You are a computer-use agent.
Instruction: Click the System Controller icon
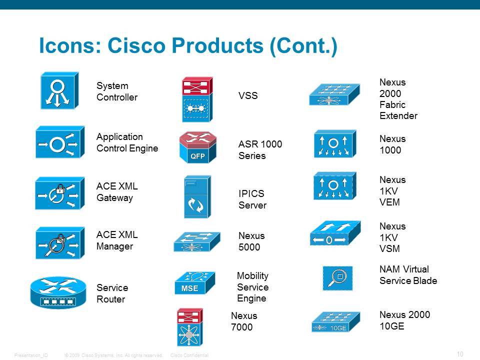59,90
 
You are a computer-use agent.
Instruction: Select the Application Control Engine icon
60,142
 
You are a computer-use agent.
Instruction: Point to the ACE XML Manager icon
60,243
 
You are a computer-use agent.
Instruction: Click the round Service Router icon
58,292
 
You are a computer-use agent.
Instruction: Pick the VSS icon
197,99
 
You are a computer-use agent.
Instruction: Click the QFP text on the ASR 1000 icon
197,156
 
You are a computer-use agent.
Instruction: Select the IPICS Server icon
197,197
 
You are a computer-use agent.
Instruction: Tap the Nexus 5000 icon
197,242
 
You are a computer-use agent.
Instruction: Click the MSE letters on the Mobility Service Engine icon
189,288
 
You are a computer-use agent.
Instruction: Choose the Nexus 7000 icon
190,327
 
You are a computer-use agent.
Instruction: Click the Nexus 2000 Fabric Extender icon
334,94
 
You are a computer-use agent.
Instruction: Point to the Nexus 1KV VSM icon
335,233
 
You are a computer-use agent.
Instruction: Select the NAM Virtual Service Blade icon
337,278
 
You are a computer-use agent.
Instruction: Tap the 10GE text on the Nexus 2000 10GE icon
338,328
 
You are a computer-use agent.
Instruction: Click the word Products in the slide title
217,45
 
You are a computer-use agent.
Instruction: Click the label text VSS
248,95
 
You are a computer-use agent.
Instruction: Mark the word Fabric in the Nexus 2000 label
392,104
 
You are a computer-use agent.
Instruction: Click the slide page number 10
460,354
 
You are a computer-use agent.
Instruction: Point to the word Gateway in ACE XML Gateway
114,198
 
